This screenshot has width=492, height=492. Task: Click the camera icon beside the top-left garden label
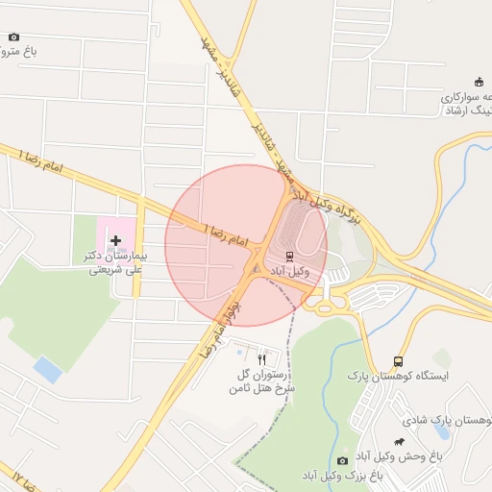point(13,37)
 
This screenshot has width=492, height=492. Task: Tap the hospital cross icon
point(116,240)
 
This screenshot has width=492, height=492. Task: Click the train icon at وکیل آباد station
point(290,256)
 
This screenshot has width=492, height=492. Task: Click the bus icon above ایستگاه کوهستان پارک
point(398,361)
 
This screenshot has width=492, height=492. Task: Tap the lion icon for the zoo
point(412,441)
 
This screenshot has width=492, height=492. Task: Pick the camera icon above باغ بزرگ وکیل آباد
point(342,461)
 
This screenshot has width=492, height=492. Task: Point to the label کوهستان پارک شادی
point(446,421)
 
